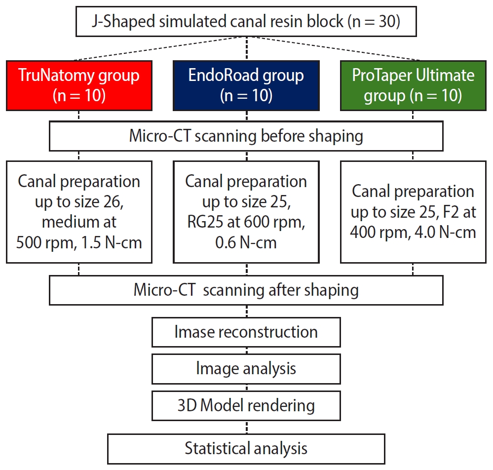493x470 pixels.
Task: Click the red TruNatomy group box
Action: pyautogui.click(x=79, y=85)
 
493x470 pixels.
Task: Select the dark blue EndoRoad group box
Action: pyautogui.click(x=246, y=85)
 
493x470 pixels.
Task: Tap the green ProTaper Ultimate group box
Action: pyautogui.click(x=413, y=85)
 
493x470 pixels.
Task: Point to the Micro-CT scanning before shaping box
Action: pyautogui.click(x=246, y=136)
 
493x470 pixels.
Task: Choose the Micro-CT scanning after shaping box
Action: pyautogui.click(x=246, y=290)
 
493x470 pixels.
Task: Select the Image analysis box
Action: pyautogui.click(x=246, y=368)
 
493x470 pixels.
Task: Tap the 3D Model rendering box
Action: pyautogui.click(x=246, y=405)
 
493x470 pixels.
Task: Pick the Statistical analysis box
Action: pyautogui.click(x=246, y=448)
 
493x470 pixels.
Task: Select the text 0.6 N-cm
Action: pyautogui.click(x=246, y=243)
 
